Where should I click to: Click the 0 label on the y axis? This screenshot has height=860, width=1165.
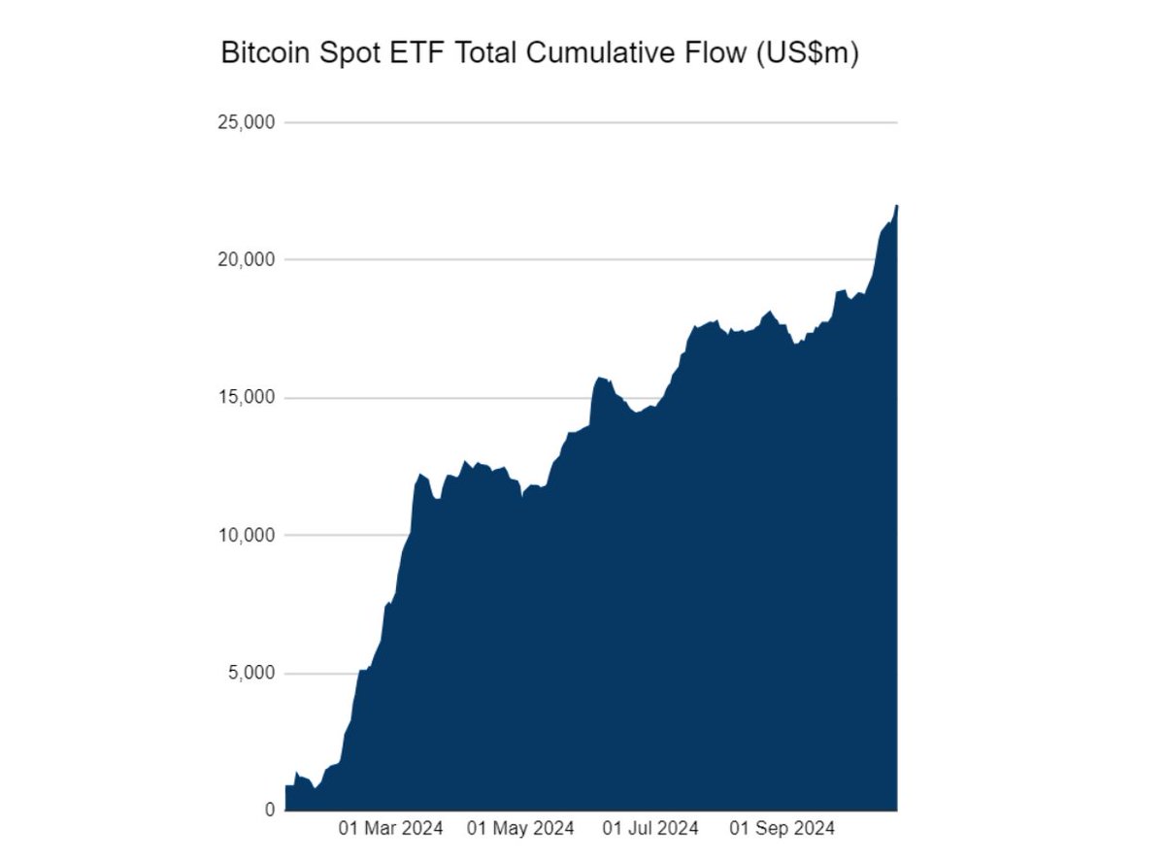pyautogui.click(x=269, y=810)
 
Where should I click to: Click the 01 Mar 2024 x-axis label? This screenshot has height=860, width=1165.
pyautogui.click(x=390, y=829)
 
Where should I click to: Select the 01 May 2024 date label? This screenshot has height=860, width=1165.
pyautogui.click(x=520, y=829)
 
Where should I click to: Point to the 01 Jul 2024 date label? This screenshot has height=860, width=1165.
pyautogui.click(x=650, y=829)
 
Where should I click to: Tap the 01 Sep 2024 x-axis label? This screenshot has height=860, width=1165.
pyautogui.click(x=782, y=829)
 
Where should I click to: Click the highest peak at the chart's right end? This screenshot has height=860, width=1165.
pyautogui.click(x=896, y=207)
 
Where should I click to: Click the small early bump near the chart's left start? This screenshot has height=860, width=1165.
pyautogui.click(x=297, y=774)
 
